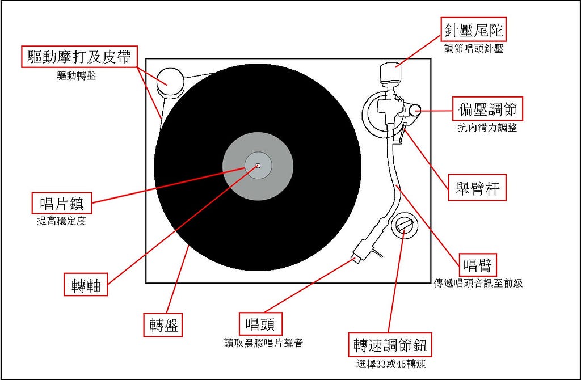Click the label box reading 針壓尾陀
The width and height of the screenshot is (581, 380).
[473, 29]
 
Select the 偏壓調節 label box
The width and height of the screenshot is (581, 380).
[487, 109]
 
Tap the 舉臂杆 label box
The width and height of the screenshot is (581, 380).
[477, 187]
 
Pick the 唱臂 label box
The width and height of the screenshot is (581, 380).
[478, 265]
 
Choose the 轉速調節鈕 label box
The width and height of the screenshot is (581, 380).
[390, 345]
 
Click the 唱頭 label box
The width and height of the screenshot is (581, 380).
[260, 324]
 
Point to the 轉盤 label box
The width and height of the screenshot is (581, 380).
[163, 325]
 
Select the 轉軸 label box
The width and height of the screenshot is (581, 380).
[86, 284]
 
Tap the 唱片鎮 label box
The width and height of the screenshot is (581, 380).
[61, 203]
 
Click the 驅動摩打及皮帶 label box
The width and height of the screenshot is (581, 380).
[79, 57]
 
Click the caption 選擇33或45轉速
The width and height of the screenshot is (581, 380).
[391, 365]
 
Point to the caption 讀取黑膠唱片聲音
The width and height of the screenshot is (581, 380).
[263, 343]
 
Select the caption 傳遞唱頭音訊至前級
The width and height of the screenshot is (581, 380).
[478, 284]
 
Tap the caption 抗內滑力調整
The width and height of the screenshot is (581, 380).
[487, 128]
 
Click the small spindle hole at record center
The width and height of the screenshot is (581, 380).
[258, 166]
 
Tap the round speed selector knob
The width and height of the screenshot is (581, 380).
[404, 225]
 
